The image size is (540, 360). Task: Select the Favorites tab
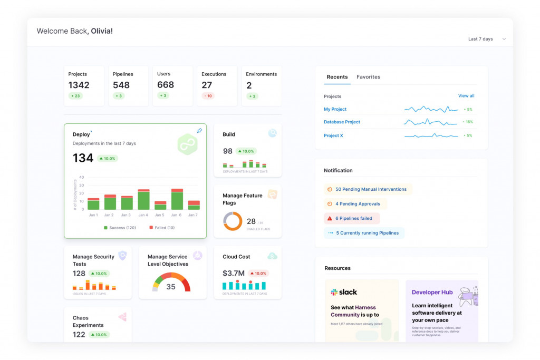[x=368, y=77]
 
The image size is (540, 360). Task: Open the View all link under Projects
[x=466, y=96]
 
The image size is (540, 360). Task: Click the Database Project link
[x=342, y=122]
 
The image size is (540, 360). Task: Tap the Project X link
[x=333, y=135]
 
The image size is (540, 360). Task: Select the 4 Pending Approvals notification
[x=357, y=203]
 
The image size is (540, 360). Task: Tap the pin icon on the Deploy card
[x=199, y=131]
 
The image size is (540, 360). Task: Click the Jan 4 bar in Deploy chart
[x=143, y=200]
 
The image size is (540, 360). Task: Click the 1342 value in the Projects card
[x=79, y=85]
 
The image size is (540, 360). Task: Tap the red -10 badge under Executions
[x=208, y=96]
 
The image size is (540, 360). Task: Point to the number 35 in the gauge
[x=171, y=287]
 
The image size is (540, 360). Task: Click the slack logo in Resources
[x=344, y=292]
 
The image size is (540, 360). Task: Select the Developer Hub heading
[x=432, y=293]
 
